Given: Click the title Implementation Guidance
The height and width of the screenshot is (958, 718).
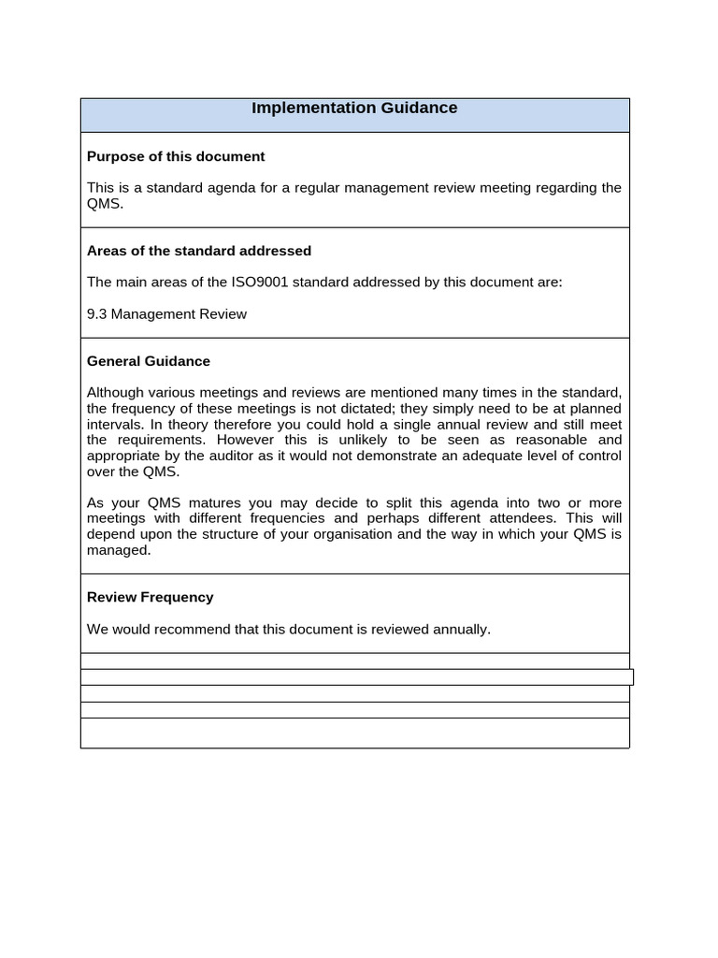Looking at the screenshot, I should pos(354,109).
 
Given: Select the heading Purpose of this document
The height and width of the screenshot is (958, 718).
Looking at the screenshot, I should pos(176,156).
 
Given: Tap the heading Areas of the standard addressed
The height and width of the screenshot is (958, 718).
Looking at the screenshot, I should pos(199,251).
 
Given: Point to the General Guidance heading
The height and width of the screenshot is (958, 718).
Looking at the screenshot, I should pos(149,361).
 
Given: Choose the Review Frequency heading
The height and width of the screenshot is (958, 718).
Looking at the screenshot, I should pos(151,597).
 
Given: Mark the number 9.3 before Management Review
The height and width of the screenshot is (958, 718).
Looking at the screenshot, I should pos(96,314).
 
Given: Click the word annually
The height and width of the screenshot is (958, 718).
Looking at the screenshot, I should pos(461,630).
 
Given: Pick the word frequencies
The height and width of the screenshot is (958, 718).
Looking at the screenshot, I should pos(291,518).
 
